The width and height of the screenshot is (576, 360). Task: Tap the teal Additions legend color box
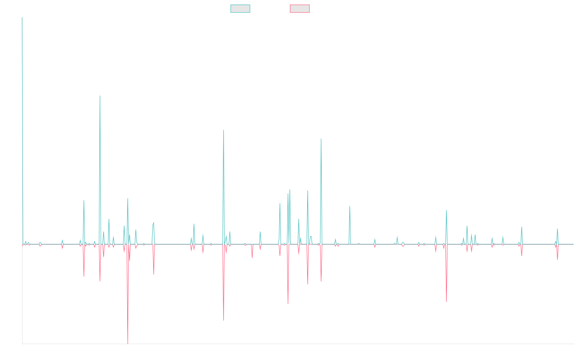240,9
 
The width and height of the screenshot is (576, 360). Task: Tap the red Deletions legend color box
300,9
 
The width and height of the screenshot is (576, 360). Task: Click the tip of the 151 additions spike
100,96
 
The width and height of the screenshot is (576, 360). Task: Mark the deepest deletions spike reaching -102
128,343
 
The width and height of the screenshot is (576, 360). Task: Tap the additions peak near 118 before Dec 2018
224,130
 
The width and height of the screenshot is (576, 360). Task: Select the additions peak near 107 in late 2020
321,139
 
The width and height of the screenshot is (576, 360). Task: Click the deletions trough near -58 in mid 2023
446,301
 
